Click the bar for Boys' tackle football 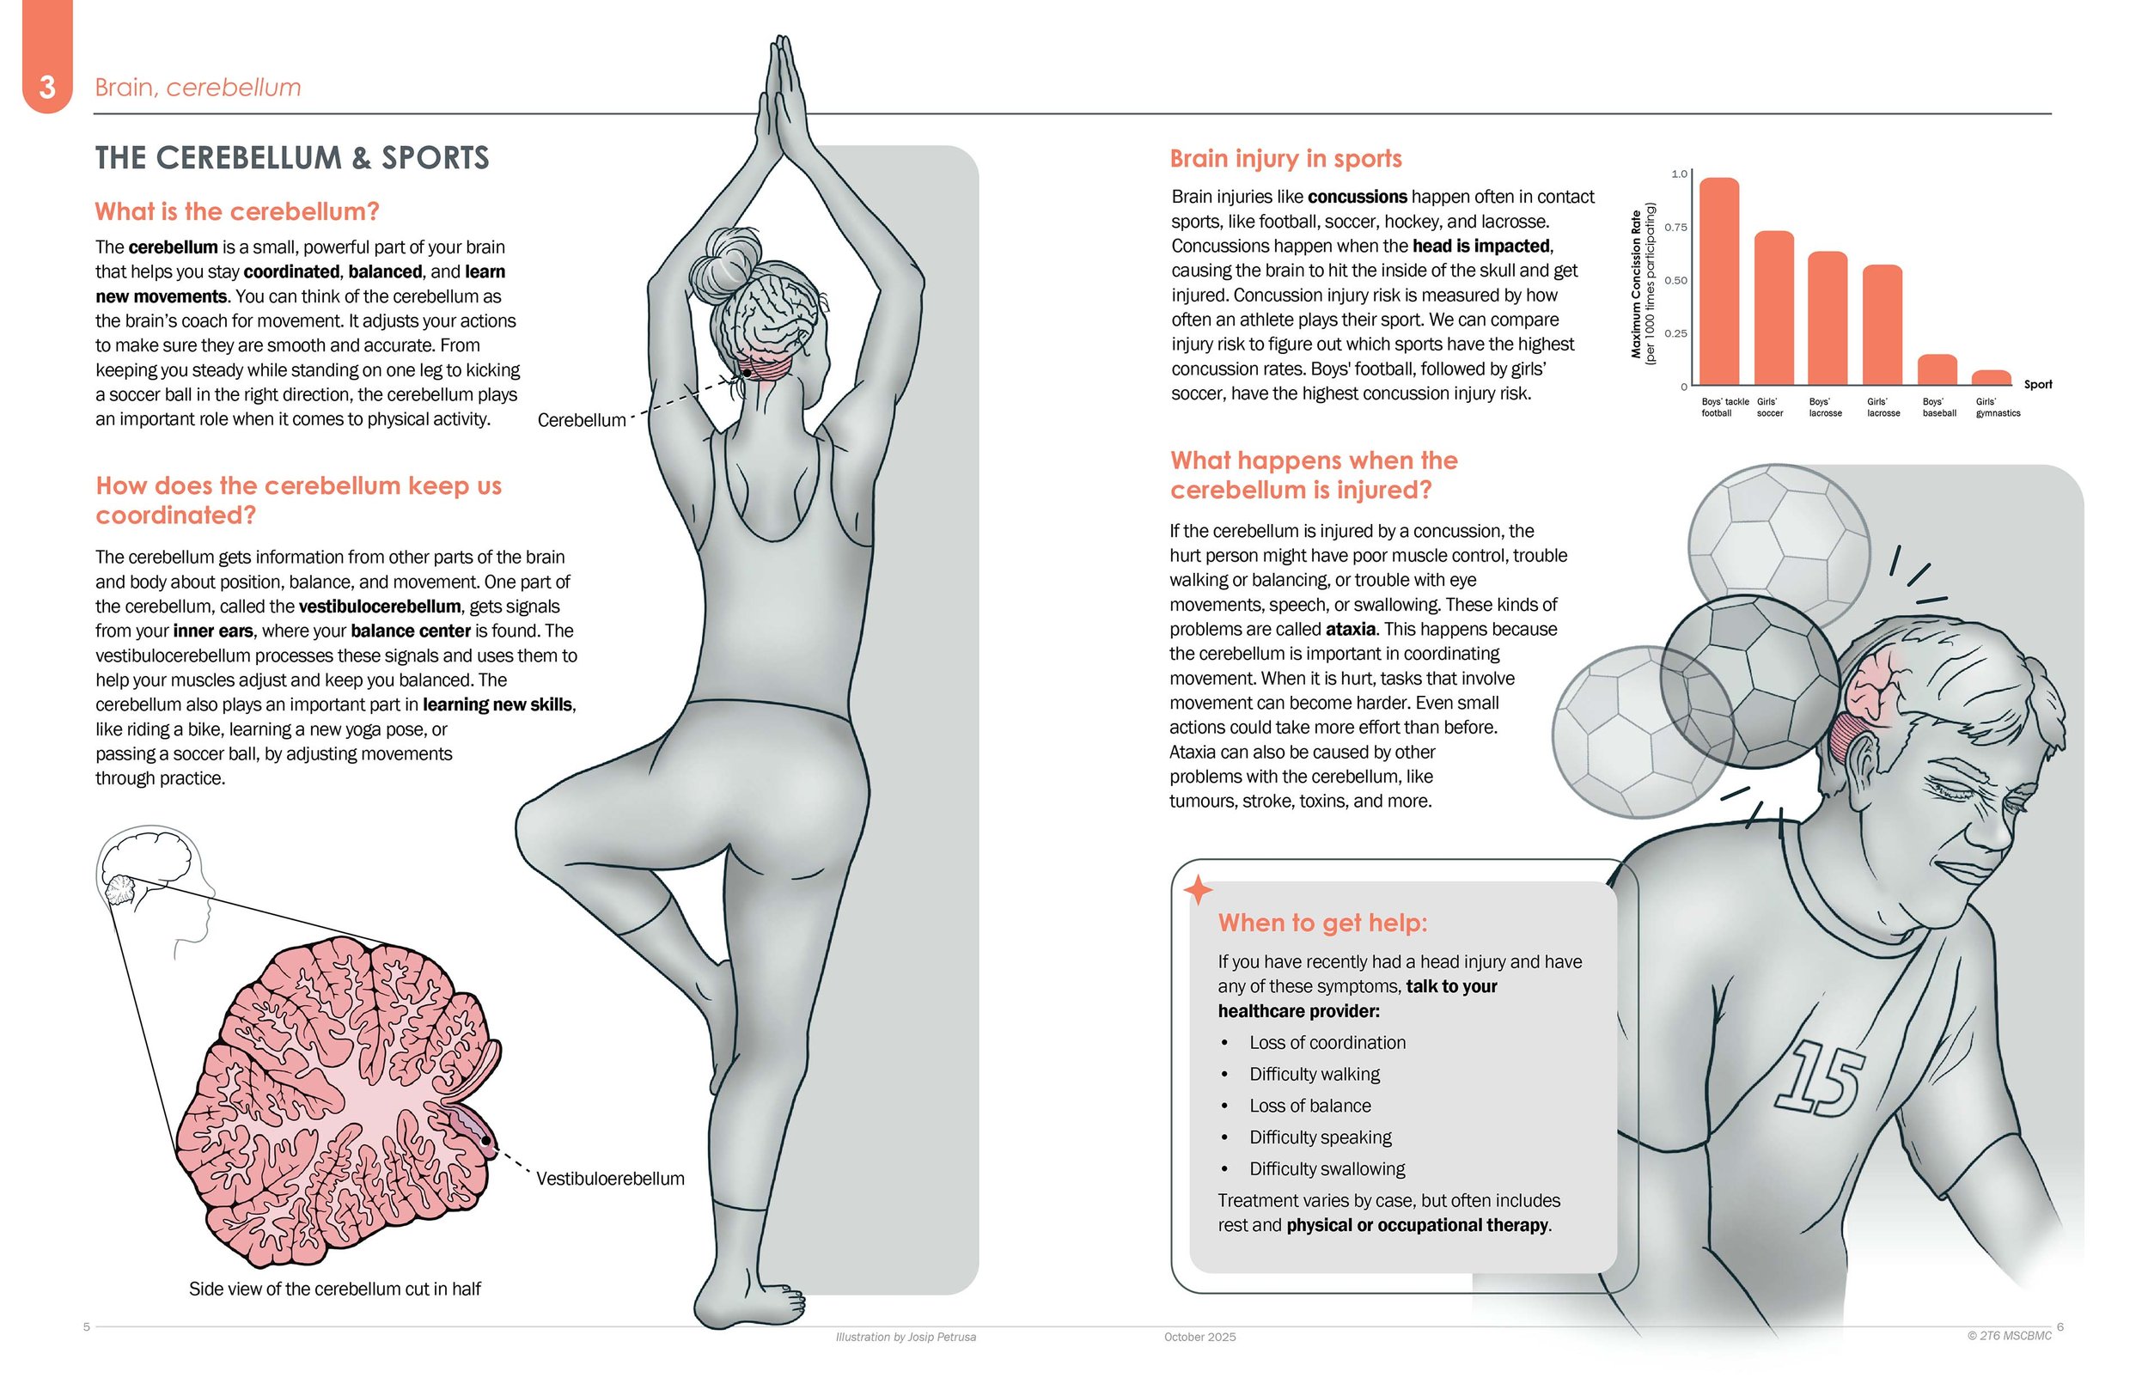tap(1719, 282)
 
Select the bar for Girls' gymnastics tap(1991, 377)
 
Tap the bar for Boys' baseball tap(1937, 370)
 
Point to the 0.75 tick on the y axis tap(1676, 228)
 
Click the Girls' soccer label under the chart tap(1769, 408)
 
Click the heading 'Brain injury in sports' tap(1285, 159)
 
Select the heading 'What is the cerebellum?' tap(236, 211)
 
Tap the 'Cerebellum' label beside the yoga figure tap(581, 421)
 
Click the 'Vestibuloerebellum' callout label tap(610, 1179)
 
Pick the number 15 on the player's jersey tap(1818, 1080)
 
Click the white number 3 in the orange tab tap(47, 88)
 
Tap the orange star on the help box tap(1198, 890)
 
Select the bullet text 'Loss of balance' tap(1309, 1106)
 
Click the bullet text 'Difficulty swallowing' tap(1327, 1169)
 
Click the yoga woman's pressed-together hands tap(783, 100)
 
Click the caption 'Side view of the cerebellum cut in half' tap(335, 1289)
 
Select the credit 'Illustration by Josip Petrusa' tap(906, 1337)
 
